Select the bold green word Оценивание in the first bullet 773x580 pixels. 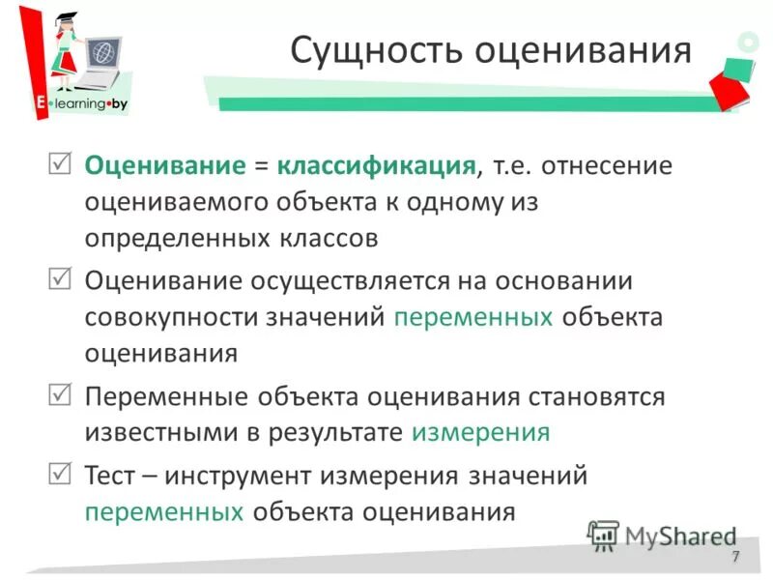pyautogui.click(x=165, y=165)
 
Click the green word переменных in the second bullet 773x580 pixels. pyautogui.click(x=473, y=317)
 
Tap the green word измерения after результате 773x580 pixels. pyautogui.click(x=480, y=432)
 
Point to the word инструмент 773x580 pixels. pyautogui.click(x=253, y=476)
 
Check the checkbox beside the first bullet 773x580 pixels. pyautogui.click(x=59, y=162)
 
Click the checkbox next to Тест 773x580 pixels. pyautogui.click(x=59, y=473)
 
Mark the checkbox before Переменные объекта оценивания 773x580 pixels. pyautogui.click(x=59, y=393)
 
